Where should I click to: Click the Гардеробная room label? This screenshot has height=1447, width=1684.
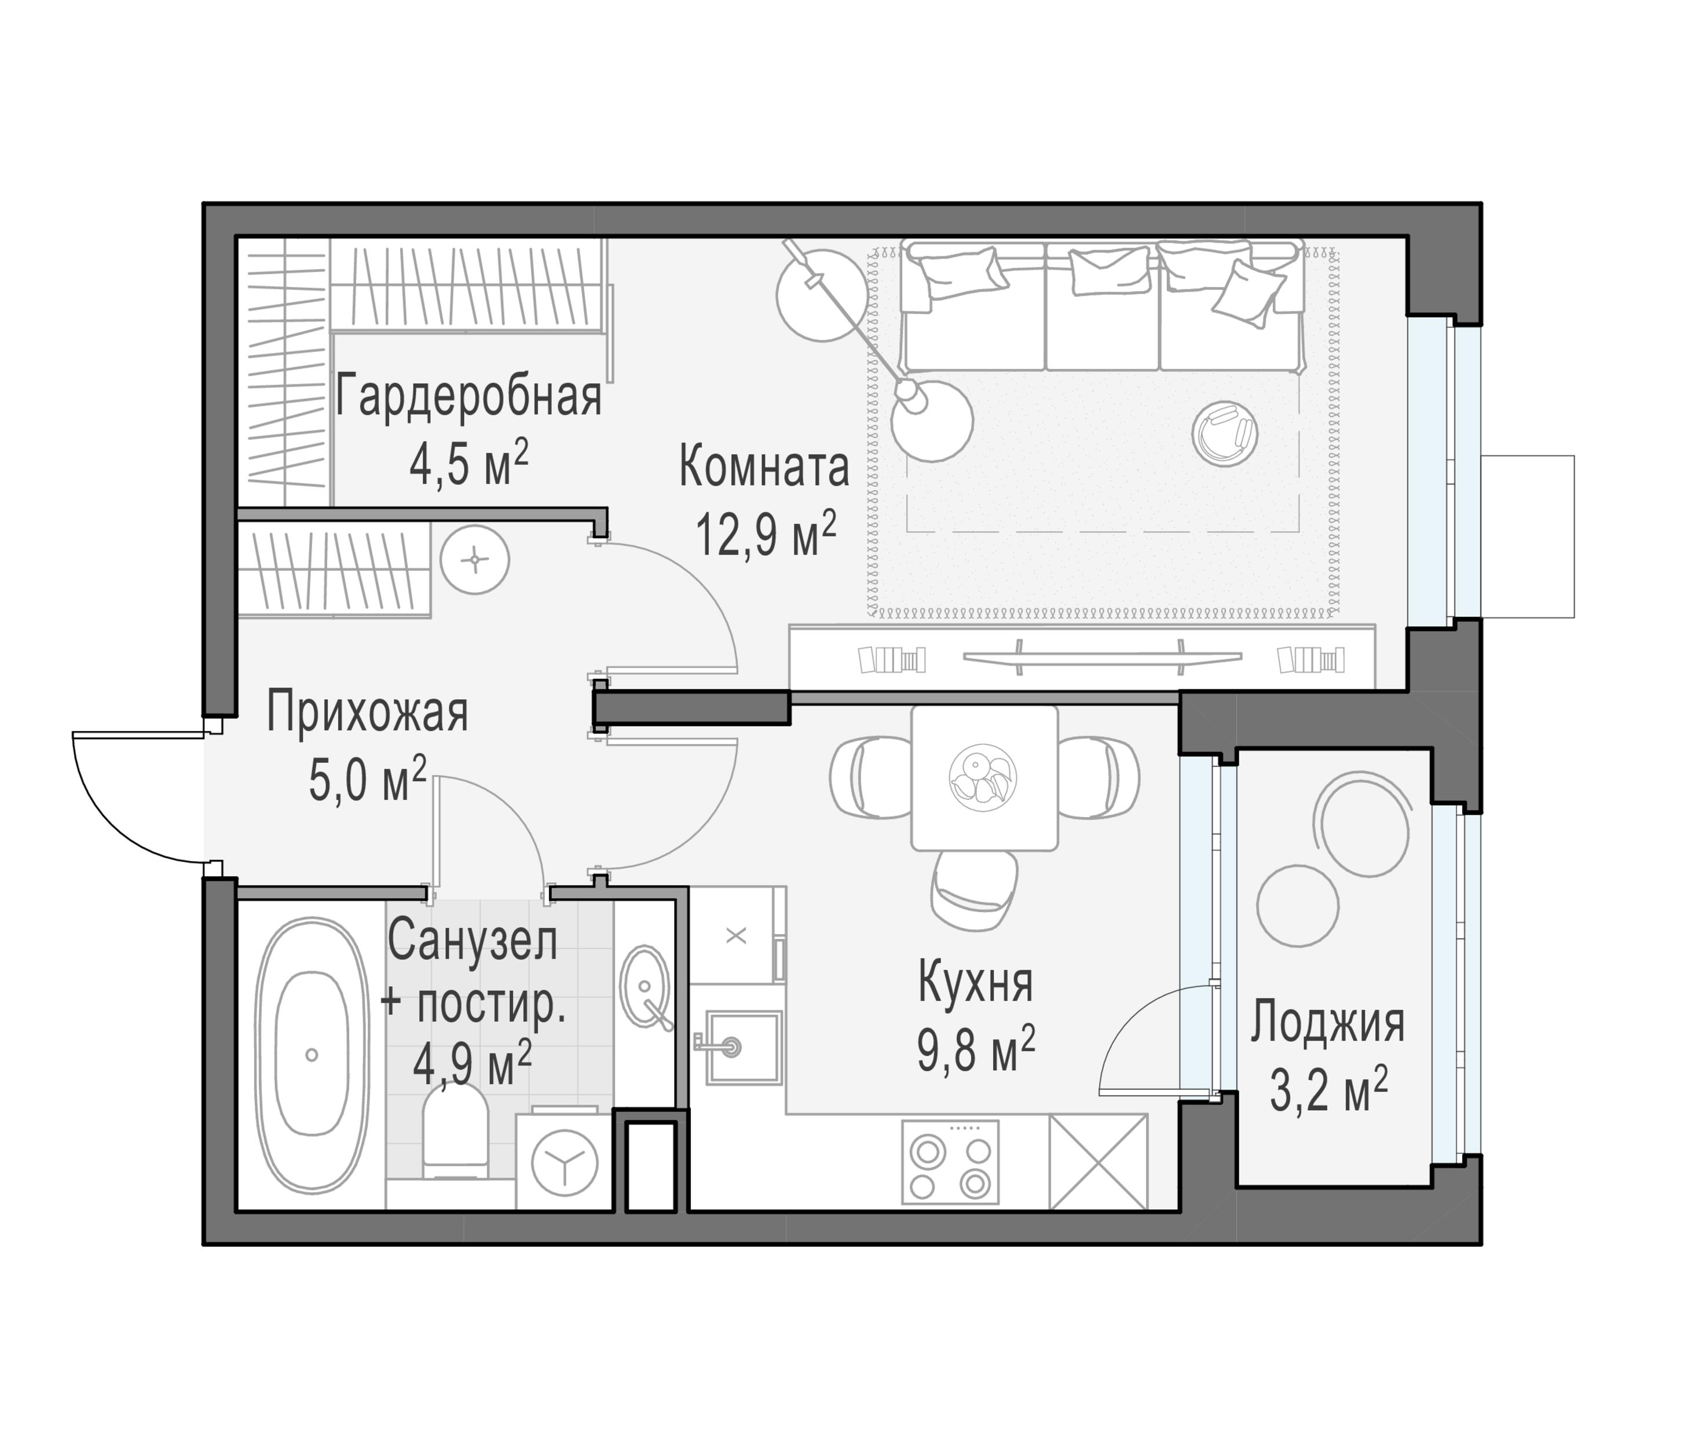click(468, 397)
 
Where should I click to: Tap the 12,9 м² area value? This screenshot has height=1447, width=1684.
click(765, 535)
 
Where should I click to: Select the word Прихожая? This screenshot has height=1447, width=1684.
click(367, 713)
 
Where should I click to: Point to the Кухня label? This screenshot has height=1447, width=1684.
click(975, 982)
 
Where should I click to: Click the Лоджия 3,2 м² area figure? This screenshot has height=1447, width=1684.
click(1328, 1091)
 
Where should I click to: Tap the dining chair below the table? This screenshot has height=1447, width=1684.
click(973, 890)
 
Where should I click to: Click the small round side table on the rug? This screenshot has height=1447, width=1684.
click(1224, 434)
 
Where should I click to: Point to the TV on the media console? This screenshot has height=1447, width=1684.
click(1102, 656)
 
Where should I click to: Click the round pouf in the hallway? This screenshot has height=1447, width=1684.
click(475, 560)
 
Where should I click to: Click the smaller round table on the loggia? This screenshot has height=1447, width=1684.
click(1297, 905)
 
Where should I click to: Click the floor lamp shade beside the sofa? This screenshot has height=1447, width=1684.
click(931, 420)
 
